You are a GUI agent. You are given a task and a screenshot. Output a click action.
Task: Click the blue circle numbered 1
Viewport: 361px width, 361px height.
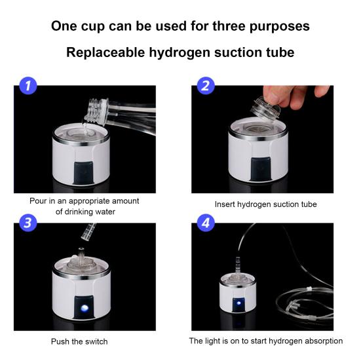(28, 86)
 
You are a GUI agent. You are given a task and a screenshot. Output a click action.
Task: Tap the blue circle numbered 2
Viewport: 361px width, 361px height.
(206, 86)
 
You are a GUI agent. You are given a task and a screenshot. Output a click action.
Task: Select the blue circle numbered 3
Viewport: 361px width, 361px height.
(28, 223)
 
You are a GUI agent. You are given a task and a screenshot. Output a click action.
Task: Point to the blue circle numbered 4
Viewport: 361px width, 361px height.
(206, 223)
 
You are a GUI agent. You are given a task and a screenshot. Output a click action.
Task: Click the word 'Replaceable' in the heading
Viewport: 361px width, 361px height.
(105, 52)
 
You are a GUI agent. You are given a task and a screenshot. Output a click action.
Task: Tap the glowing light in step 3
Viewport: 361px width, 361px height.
(85, 307)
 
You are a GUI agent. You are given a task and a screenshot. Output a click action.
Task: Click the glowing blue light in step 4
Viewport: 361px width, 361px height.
(238, 303)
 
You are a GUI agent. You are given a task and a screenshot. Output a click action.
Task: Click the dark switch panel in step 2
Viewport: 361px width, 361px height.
(261, 169)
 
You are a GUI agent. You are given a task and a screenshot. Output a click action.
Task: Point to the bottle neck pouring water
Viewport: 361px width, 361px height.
(97, 111)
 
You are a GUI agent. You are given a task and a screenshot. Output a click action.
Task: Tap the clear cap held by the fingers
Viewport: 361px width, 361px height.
(265, 109)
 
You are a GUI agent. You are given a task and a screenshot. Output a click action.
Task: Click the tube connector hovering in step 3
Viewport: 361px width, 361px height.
(88, 232)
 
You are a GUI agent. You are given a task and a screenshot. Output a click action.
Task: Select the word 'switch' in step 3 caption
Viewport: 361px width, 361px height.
(96, 341)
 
